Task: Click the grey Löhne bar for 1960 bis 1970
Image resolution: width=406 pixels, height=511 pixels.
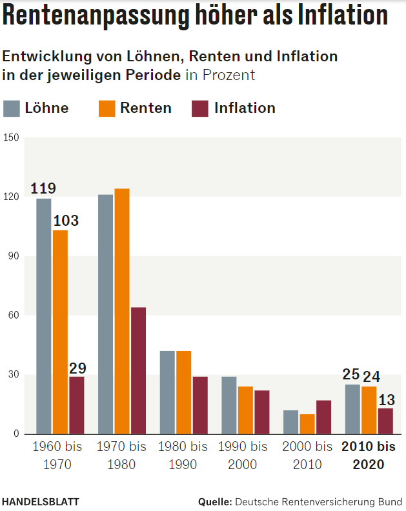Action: [x=44, y=316]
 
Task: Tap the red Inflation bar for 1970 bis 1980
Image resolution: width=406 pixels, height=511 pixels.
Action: [x=138, y=370]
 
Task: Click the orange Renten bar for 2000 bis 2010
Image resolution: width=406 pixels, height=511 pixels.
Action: [x=307, y=424]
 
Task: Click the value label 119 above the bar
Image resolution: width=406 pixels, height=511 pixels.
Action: [x=43, y=189]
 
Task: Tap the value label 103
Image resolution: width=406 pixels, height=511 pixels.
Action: [x=66, y=221]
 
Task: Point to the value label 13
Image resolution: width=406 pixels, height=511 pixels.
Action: [x=386, y=399]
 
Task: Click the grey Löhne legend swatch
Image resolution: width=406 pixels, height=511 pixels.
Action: [x=12, y=108]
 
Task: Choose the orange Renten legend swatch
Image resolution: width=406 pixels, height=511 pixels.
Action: [x=107, y=108]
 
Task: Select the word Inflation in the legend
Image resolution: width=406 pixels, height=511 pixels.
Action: [x=245, y=108]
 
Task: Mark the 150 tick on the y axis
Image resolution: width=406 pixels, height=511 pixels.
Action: [x=11, y=137]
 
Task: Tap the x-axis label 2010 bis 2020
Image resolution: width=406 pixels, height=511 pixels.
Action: [x=369, y=456]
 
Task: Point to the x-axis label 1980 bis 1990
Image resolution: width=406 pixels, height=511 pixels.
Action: [x=183, y=456]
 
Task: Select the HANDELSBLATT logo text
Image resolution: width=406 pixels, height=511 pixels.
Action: [x=41, y=501]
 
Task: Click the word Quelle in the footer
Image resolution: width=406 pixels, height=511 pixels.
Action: [x=215, y=501]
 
